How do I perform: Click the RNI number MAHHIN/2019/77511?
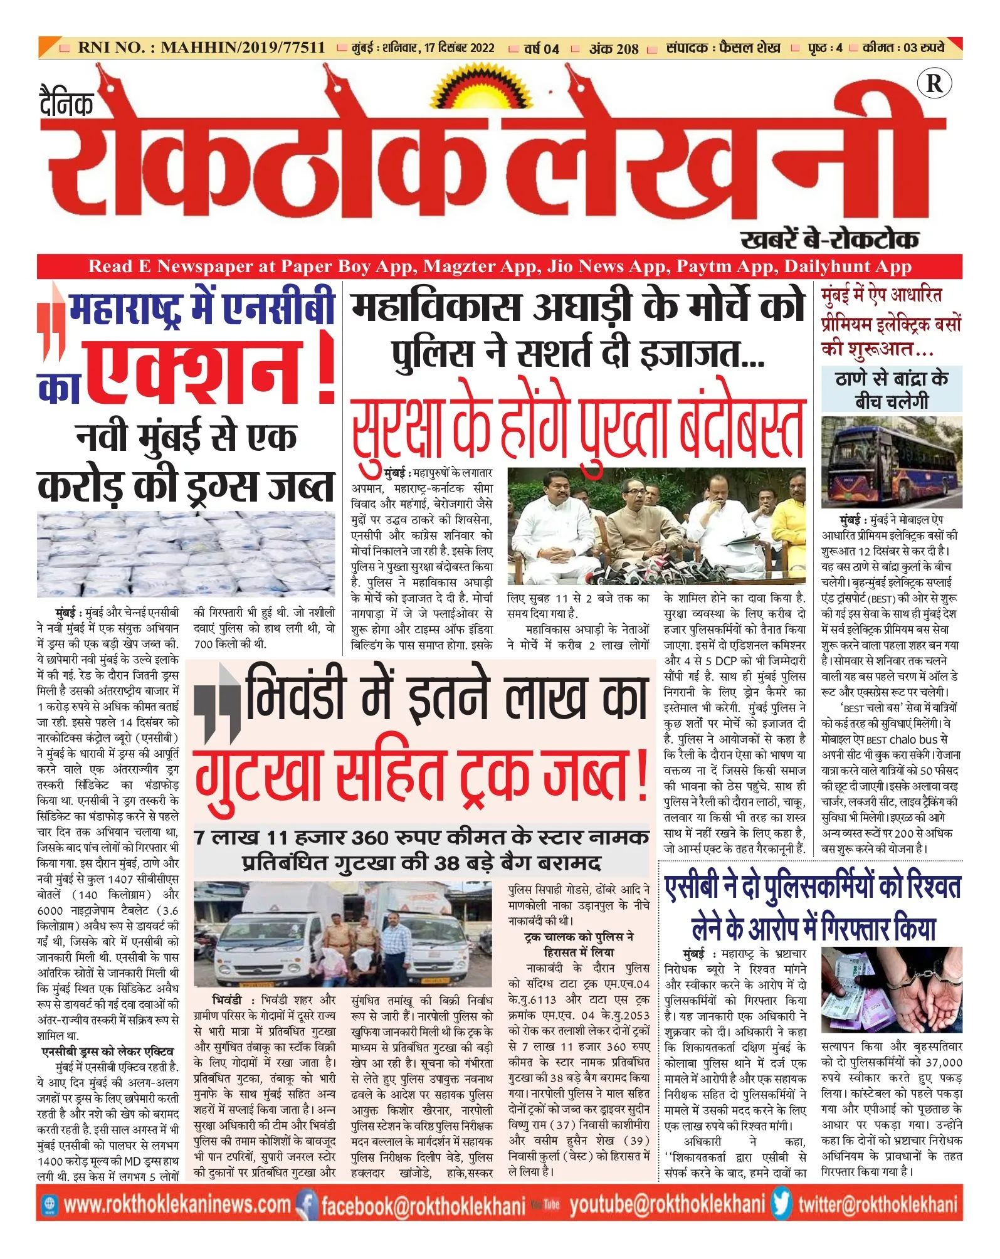243,48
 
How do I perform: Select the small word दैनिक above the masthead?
66,103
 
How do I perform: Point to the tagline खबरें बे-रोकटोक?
829,240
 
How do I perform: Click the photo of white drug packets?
186,554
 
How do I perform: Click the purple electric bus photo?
891,462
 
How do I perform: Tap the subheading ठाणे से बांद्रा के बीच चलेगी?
891,389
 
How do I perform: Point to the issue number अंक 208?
613,49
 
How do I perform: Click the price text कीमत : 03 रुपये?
903,48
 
